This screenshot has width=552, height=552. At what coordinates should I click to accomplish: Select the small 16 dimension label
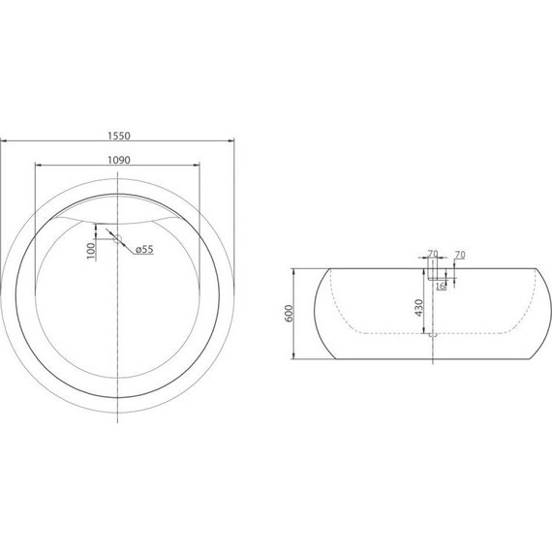(441, 286)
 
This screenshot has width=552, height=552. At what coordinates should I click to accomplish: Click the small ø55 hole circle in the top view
(117, 237)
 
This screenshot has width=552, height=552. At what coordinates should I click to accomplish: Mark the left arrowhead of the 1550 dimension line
(4, 143)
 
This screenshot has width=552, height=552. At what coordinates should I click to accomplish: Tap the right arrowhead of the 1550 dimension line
(232, 143)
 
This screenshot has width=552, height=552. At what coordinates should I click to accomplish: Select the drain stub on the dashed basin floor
(432, 335)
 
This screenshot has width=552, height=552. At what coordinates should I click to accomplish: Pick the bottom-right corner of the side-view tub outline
(532, 357)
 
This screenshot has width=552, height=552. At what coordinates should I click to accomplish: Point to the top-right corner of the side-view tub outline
(532, 268)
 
